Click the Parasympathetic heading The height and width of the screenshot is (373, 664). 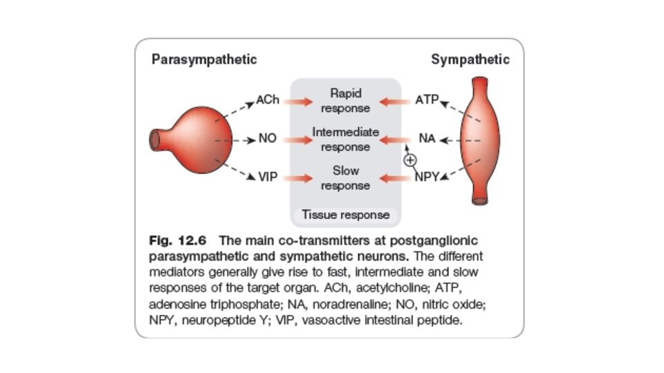click(x=204, y=59)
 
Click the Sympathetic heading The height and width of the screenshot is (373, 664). click(x=470, y=59)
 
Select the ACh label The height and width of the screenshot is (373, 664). click(x=268, y=99)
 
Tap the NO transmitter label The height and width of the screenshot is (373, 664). click(x=268, y=139)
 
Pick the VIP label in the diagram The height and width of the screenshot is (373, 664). click(x=268, y=178)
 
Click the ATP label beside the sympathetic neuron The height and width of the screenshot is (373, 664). click(x=427, y=99)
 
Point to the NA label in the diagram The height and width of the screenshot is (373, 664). click(x=427, y=139)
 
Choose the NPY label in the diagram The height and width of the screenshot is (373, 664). click(x=427, y=178)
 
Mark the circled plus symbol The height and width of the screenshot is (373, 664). click(x=410, y=160)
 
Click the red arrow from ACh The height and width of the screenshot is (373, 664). click(x=299, y=101)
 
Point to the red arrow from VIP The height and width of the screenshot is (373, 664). click(x=299, y=178)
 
